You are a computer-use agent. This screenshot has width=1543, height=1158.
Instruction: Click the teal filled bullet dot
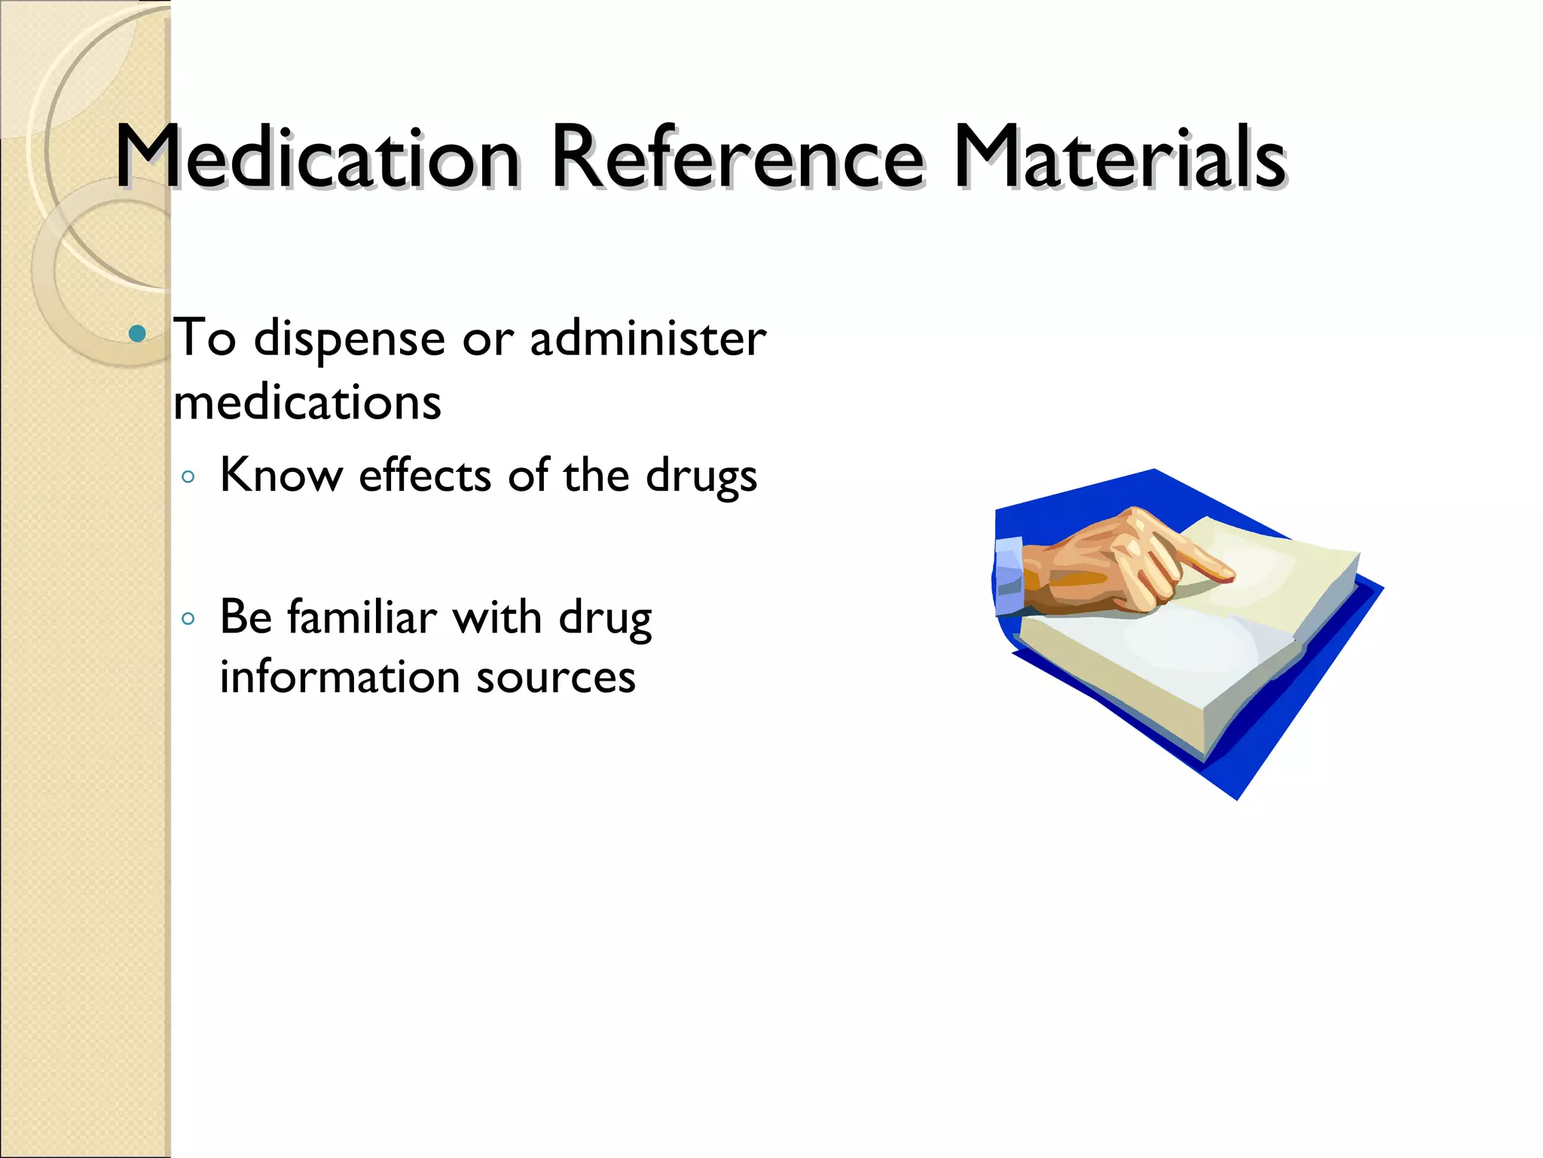pos(137,333)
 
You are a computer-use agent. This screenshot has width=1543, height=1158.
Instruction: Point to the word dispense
pos(350,339)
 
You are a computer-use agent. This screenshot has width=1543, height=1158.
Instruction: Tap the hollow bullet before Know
pos(188,477)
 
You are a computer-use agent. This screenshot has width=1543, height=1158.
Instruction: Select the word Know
pos(281,476)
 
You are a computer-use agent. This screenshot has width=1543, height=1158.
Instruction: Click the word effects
pos(425,476)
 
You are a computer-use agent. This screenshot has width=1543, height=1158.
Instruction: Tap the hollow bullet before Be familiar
pos(188,619)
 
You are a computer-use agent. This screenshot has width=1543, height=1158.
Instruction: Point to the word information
pos(339,676)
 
